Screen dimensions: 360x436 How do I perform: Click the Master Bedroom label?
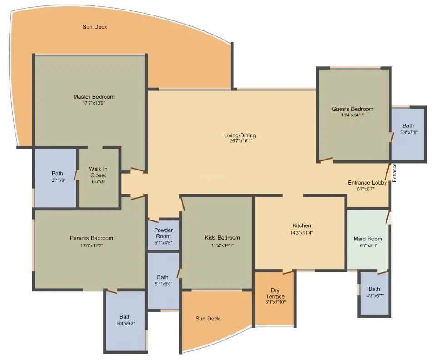(x=94, y=97)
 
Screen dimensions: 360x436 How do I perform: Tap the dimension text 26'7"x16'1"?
(x=240, y=141)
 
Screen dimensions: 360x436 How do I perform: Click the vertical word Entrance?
(x=395, y=173)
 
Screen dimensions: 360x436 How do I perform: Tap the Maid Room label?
(x=368, y=239)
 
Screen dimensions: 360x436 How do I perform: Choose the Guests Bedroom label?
(x=352, y=109)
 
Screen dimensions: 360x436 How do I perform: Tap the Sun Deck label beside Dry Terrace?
(x=208, y=319)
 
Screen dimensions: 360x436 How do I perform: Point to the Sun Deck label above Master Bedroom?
(x=95, y=27)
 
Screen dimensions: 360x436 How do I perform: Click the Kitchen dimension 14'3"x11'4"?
(x=302, y=233)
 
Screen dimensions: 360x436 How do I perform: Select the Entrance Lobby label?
(x=367, y=183)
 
